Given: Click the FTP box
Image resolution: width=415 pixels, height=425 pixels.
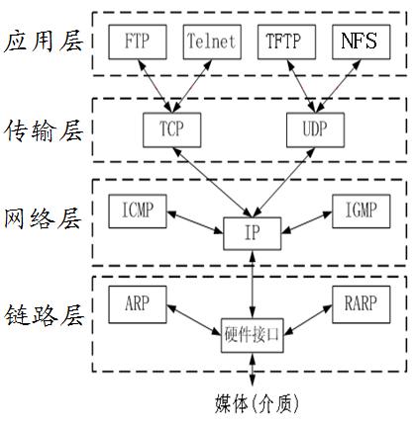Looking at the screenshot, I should [x=138, y=42].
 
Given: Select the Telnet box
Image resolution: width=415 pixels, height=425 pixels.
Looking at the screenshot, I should [x=211, y=42].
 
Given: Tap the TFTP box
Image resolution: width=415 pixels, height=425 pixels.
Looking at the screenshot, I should [x=285, y=42].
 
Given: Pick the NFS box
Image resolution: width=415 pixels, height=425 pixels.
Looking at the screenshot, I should [x=358, y=42].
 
